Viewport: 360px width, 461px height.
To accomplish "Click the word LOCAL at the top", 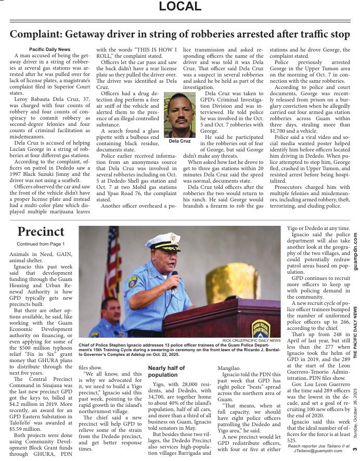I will (x=179, y=7).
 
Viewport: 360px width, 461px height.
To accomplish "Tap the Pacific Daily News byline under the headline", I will (x=49, y=49).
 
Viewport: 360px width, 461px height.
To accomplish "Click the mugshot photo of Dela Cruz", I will (x=179, y=115).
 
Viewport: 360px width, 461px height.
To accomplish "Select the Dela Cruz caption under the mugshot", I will (x=179, y=141).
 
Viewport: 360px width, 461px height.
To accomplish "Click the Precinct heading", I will (x=41, y=232).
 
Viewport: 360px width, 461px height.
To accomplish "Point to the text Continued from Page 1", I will (x=41, y=244).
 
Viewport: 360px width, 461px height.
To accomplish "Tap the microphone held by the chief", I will (x=174, y=278).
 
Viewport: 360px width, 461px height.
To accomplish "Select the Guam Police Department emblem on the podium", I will (x=261, y=328).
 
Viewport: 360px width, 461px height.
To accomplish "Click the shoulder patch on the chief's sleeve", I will (x=132, y=283).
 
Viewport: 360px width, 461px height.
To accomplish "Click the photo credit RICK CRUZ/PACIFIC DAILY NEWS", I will (x=251, y=340).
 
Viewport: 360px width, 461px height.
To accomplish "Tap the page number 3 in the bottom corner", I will (x=354, y=449).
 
